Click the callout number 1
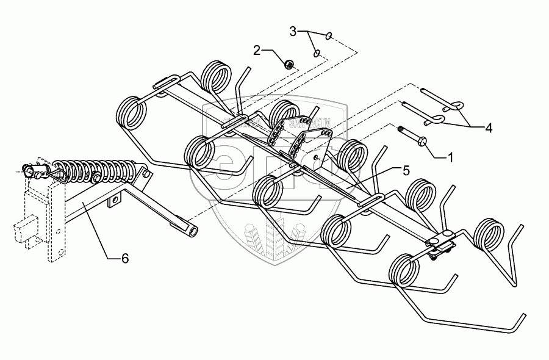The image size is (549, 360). [450, 157]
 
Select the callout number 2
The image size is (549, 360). [257, 49]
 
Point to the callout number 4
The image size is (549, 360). [489, 128]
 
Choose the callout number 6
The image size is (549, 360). [124, 259]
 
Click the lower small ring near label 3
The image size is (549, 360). [317, 54]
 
